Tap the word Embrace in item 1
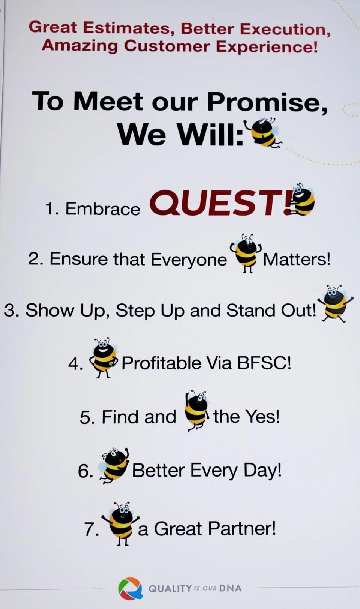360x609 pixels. [x=102, y=209]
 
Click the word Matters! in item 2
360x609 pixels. [x=297, y=259]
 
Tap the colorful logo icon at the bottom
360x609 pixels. [x=130, y=588]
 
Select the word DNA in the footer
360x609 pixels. [x=230, y=588]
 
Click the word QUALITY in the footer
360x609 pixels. [x=170, y=589]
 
